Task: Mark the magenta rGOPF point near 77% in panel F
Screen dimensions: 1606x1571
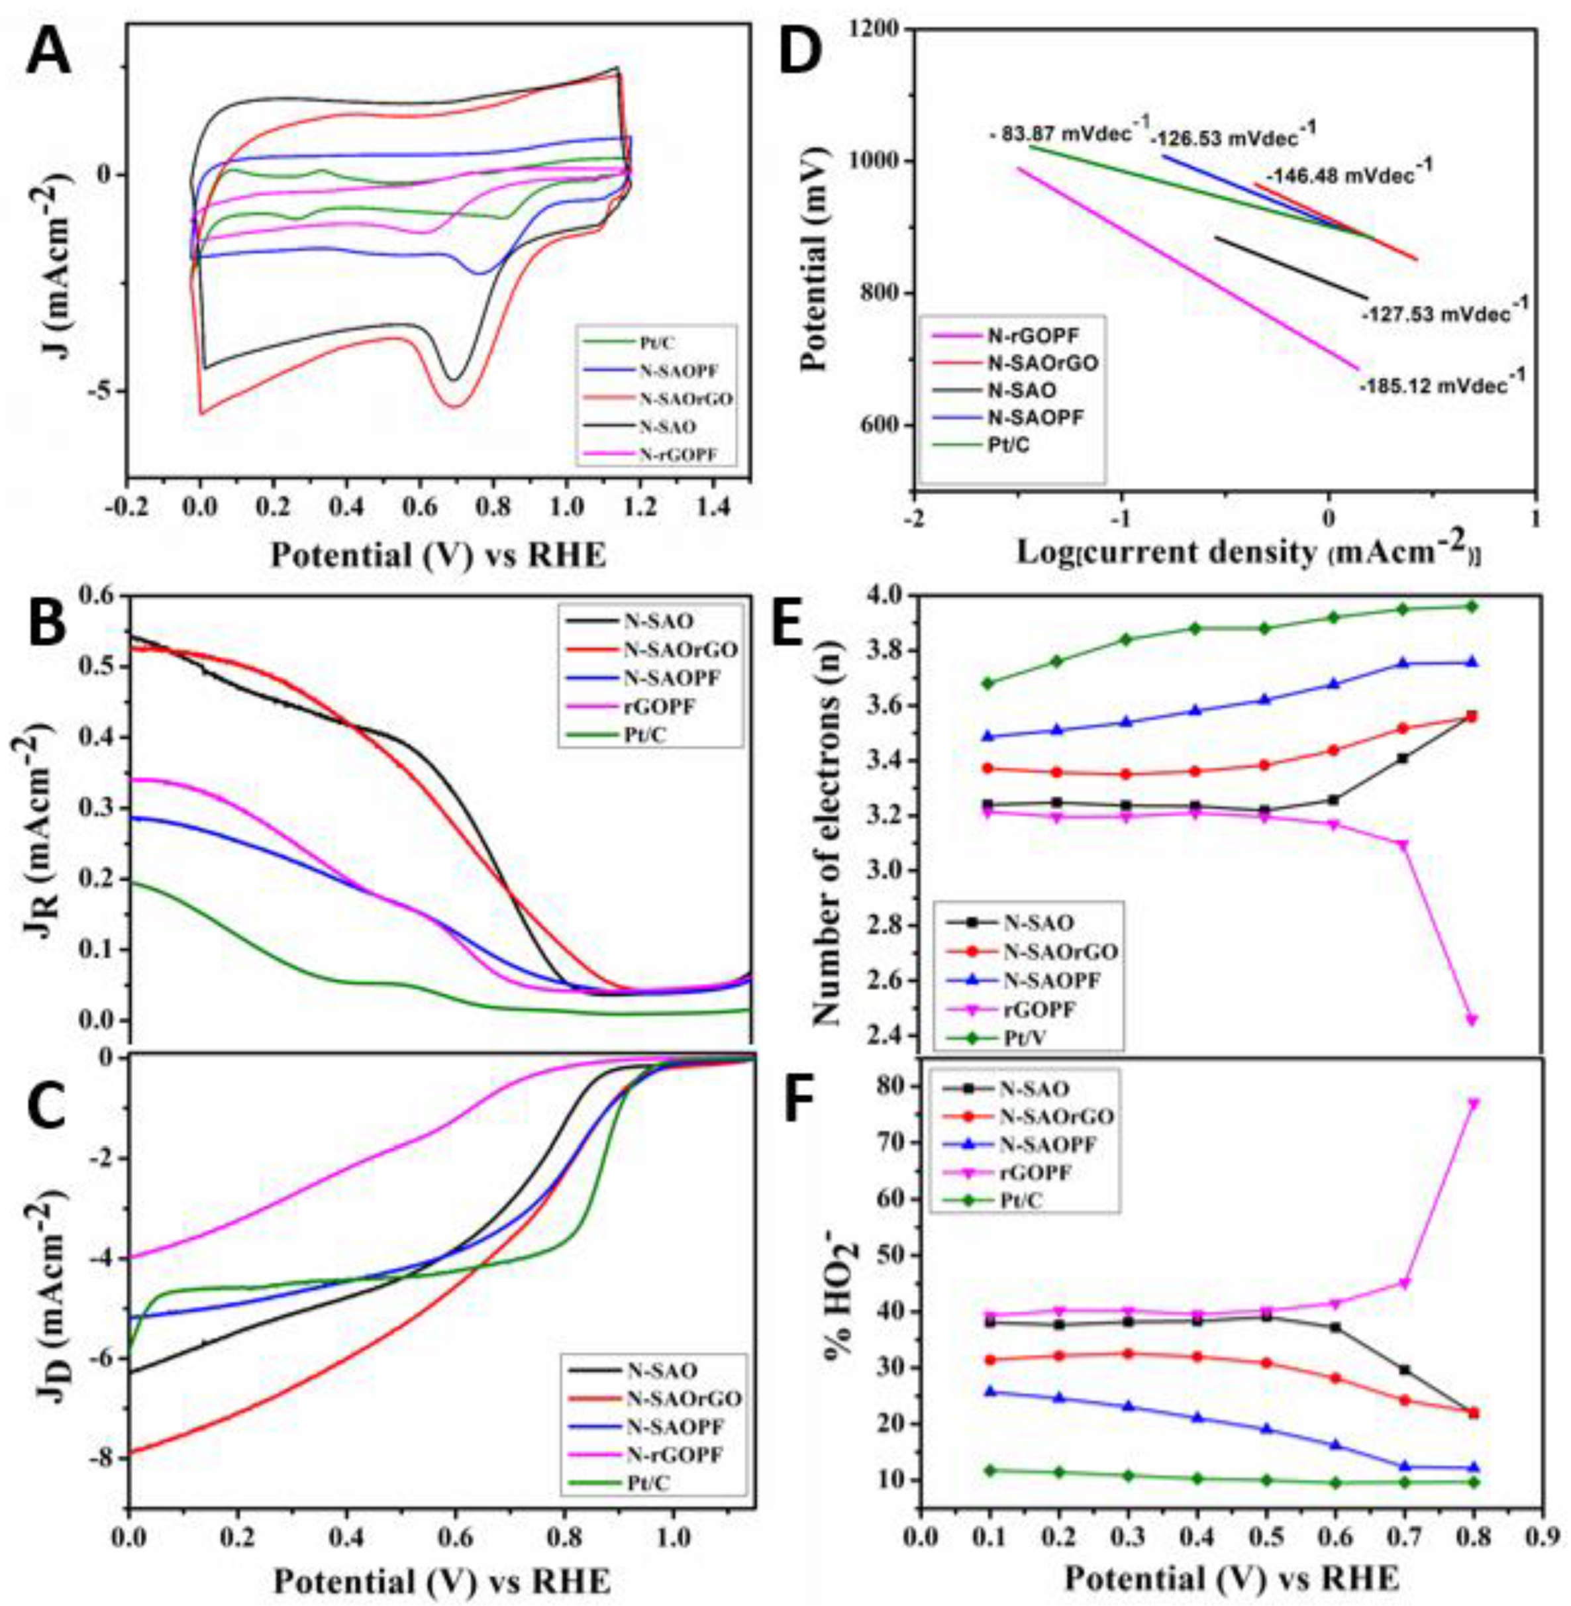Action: pyautogui.click(x=1473, y=1103)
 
